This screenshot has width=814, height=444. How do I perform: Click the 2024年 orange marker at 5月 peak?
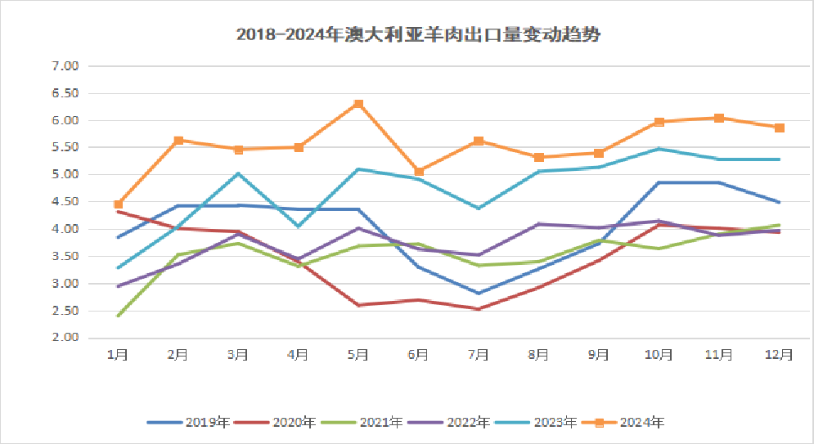pos(358,104)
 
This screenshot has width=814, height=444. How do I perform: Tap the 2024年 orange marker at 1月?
pos(118,204)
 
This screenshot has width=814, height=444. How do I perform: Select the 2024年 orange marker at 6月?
pos(419,172)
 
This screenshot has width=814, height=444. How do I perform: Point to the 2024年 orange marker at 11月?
pos(719,118)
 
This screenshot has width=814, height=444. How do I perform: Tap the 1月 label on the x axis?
pos(118,354)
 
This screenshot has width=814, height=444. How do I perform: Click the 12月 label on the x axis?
pos(779,354)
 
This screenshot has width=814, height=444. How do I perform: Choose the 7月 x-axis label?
pos(479,354)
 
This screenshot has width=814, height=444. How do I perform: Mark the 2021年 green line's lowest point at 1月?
pos(118,316)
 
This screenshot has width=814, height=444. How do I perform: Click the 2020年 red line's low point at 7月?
pos(479,309)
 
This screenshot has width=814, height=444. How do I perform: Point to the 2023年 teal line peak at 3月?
pos(238,173)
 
